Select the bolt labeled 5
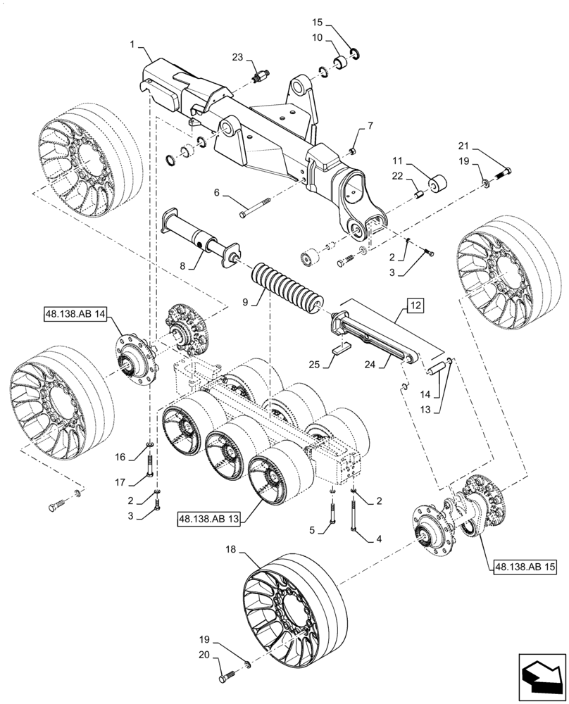click(330, 517)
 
